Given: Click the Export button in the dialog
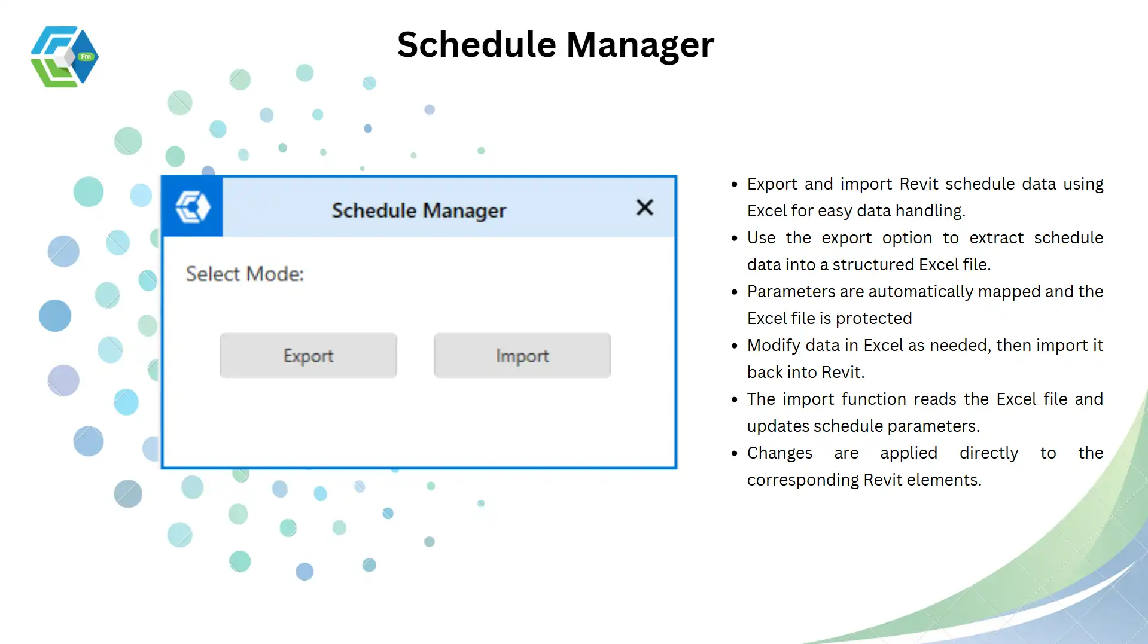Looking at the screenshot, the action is coord(308,355).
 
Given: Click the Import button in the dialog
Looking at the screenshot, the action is coord(522,355).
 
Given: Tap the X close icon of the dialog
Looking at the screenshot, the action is coord(645,207).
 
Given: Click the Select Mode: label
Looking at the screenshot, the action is coord(245,274).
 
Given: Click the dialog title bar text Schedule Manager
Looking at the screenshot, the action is coord(419,210).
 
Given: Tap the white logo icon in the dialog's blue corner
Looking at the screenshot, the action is coord(193,207).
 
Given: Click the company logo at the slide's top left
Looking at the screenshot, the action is coord(65,57).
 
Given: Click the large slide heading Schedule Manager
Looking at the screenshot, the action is coord(556,45).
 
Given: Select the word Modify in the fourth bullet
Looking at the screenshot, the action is coord(773,346).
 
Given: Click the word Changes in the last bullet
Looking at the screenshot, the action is coord(779,454).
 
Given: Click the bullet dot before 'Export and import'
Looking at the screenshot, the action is coord(735,185).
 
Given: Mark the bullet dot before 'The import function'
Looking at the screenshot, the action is coord(735,400).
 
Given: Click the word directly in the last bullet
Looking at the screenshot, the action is coord(989,454).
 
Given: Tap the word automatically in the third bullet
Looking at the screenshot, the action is coord(921,292).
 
